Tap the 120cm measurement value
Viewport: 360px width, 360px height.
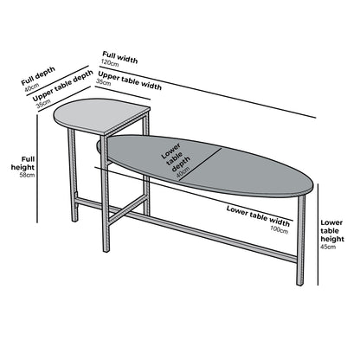(x=110, y=64)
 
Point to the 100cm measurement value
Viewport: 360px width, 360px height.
(x=280, y=228)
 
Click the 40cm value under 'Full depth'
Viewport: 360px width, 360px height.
(x=31, y=87)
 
